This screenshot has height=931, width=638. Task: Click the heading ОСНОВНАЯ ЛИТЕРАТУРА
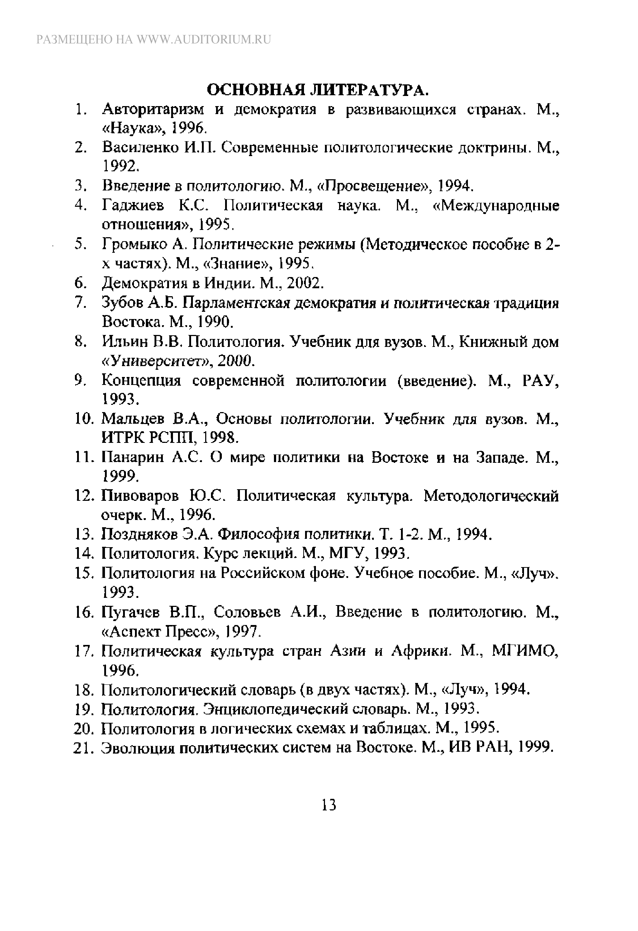tap(318, 90)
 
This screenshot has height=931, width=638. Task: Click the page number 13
tap(329, 804)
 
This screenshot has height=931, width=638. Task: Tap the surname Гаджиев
tap(133, 206)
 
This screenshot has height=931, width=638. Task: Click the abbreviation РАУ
tap(540, 381)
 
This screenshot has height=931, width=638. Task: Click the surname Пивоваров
tap(140, 496)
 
